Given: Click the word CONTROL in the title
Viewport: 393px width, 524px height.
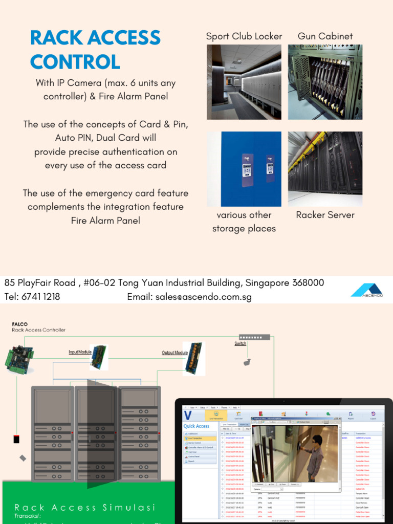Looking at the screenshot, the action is (75, 62).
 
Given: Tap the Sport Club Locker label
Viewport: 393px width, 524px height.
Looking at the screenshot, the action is (244, 36).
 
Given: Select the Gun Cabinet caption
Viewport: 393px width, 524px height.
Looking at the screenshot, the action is (325, 36).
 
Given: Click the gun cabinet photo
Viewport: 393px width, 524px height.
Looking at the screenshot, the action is (325, 82).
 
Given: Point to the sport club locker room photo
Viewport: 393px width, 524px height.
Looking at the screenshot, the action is (244, 82).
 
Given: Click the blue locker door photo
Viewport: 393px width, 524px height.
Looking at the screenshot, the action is (244, 169).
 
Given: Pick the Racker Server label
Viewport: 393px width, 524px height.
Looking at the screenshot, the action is (325, 215).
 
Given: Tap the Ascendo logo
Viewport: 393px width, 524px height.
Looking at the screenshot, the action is (366, 290).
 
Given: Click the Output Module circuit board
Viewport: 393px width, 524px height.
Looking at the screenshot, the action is (194, 358).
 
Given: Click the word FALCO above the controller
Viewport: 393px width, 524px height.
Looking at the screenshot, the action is (19, 324).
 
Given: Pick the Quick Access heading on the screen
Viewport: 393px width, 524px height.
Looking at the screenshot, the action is (196, 426).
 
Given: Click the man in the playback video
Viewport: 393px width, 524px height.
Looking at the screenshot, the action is (314, 455).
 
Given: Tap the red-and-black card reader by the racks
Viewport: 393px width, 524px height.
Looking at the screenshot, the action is (16, 439).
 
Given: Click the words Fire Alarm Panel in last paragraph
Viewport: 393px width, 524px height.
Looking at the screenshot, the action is (105, 221).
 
